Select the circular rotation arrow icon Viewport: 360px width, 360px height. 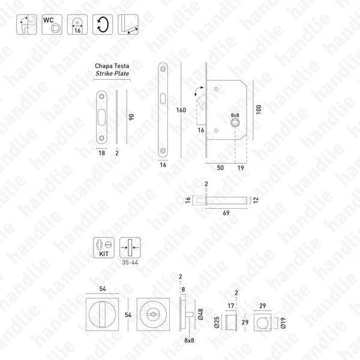pos(103,25)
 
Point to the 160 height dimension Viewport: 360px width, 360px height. pos(181,110)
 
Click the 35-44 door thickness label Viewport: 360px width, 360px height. pos(128,263)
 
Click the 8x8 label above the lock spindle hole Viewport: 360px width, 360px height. pos(235,115)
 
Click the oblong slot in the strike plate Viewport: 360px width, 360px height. pos(101,117)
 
